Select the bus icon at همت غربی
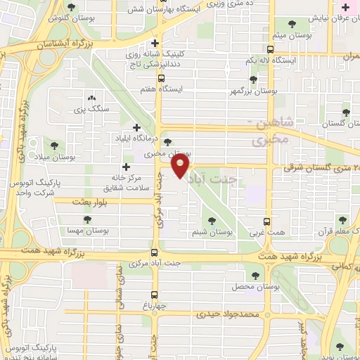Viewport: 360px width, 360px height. (266, 220)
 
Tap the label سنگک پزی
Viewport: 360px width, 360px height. (88, 110)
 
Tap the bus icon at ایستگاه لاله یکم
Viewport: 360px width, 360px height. (271, 50)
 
